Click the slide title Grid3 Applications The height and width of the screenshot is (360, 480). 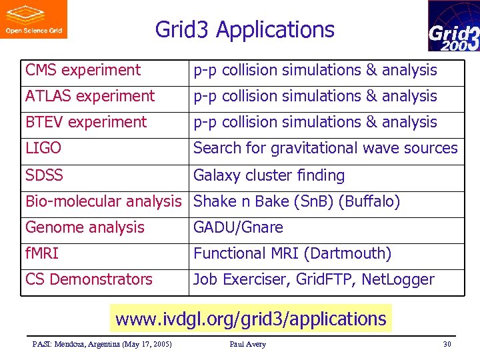(245, 30)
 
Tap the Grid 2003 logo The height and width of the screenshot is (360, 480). (453, 26)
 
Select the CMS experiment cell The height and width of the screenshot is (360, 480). (83, 70)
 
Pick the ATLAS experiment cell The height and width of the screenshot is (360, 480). (90, 96)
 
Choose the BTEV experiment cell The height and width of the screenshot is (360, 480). (86, 122)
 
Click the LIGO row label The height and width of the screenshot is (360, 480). (43, 148)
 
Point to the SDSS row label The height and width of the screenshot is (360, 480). (44, 175)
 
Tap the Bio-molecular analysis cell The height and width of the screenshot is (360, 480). (103, 201)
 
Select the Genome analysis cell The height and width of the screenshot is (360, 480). (85, 227)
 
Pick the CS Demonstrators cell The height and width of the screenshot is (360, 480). (89, 279)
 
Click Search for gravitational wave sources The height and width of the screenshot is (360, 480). (325, 148)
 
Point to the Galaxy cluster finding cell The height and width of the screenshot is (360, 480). (269, 175)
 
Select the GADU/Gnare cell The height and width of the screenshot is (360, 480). (238, 227)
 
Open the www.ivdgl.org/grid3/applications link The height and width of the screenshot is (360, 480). (251, 319)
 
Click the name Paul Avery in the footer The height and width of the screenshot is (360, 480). (247, 344)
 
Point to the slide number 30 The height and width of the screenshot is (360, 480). (447, 344)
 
